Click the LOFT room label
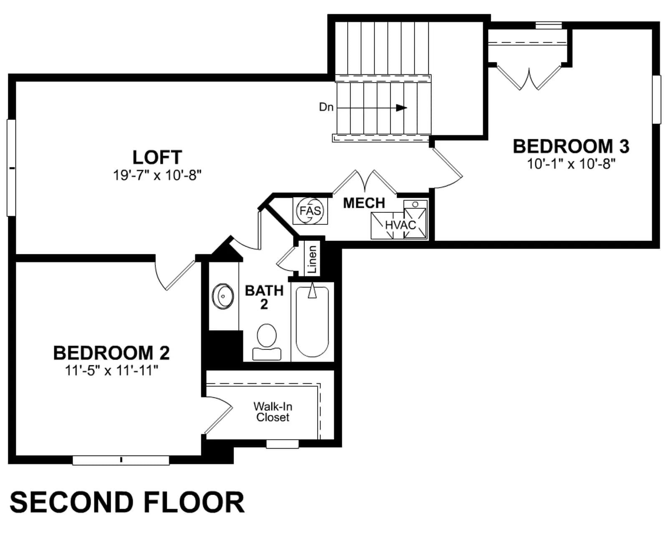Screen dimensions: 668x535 (x=157, y=157)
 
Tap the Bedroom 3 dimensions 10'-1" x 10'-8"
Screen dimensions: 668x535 (x=571, y=164)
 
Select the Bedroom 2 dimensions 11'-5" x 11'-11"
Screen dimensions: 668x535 (x=111, y=370)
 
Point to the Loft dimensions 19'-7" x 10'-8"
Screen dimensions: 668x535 (x=157, y=175)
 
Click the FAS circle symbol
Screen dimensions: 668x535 (x=310, y=211)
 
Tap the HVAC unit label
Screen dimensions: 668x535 (x=400, y=225)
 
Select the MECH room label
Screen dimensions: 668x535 (x=364, y=203)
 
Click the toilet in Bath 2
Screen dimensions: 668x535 (x=267, y=342)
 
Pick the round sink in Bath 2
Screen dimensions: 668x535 (x=223, y=296)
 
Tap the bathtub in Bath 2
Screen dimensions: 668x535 (x=312, y=322)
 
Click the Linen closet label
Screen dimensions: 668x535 (x=312, y=260)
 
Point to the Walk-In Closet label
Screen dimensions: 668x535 (x=273, y=412)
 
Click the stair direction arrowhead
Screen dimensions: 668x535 (x=402, y=108)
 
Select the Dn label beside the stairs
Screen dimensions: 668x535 (x=326, y=107)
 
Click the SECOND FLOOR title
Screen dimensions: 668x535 (x=127, y=502)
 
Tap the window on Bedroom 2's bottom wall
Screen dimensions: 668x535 (x=121, y=460)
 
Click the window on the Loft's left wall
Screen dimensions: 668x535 (x=11, y=168)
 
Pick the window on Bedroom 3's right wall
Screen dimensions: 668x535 (x=656, y=99)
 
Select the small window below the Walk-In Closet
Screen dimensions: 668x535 (x=283, y=444)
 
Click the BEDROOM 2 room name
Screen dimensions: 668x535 (x=111, y=353)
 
